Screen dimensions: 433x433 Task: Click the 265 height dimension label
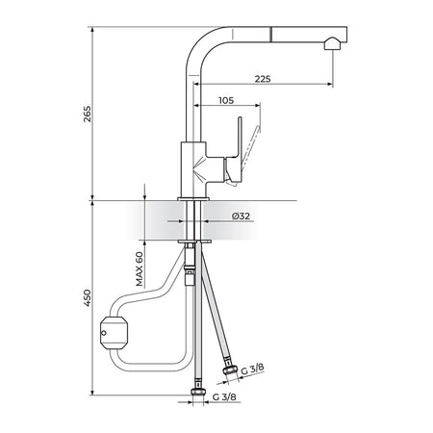coord(88,114)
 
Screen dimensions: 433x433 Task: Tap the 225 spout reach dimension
coord(263,79)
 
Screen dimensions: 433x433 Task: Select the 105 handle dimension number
coord(226,100)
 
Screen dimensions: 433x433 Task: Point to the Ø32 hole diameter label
coord(241,216)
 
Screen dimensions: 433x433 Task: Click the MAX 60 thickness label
coord(140,268)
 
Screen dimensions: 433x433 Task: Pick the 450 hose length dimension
coord(88,298)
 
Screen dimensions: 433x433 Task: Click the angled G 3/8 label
coord(253,369)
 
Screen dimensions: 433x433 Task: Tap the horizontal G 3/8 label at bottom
coord(224,396)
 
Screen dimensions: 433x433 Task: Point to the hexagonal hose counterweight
coord(115,332)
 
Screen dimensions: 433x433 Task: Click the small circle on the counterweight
coord(104,333)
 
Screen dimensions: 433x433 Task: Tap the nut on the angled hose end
coord(231,370)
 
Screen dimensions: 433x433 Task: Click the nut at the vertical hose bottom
coord(197,392)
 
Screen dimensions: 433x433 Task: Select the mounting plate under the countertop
coord(194,242)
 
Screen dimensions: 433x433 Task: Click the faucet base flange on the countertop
coord(193,199)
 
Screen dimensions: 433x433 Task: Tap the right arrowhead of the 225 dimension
coord(330,84)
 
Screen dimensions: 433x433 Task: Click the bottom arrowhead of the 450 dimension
coord(92,393)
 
